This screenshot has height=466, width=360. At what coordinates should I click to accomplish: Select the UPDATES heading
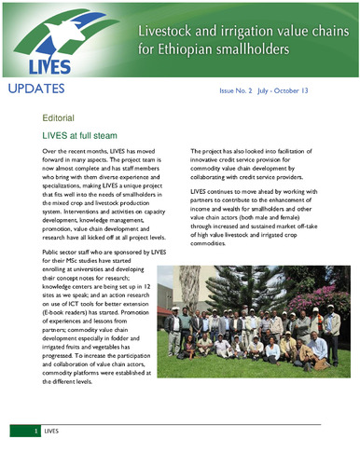(x=36, y=89)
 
